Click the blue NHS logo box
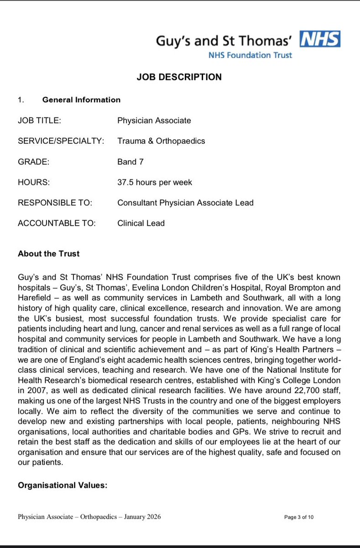[x=320, y=39]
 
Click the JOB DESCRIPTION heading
[x=179, y=77]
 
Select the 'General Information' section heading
[x=81, y=100]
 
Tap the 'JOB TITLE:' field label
[x=39, y=121]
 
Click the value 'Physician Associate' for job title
[x=154, y=121]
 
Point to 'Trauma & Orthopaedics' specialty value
[x=161, y=141]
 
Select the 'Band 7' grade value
[x=130, y=162]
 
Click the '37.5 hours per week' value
[x=155, y=182]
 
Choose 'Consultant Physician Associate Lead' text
[x=185, y=203]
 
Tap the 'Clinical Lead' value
[x=141, y=223]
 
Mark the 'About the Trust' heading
[x=49, y=254]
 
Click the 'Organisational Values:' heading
[x=63, y=485]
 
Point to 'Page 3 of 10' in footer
[x=299, y=517]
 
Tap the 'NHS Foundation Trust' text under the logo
[x=250, y=55]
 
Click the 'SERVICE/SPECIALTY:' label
[x=61, y=141]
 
